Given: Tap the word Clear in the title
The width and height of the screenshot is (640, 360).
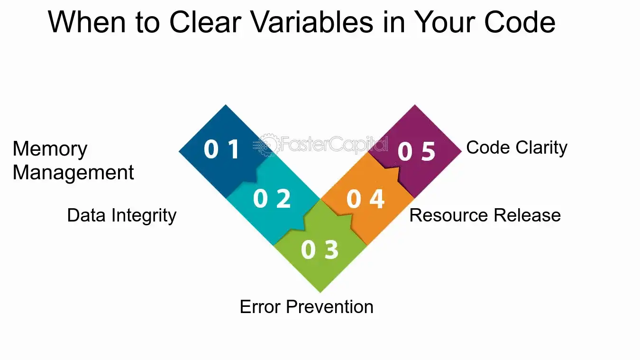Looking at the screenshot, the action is (205, 22).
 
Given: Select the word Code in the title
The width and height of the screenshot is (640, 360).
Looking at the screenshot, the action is (520, 22).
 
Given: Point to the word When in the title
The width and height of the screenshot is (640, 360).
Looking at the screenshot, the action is (87, 22).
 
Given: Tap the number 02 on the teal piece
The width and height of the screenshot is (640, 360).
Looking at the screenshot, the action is (272, 198).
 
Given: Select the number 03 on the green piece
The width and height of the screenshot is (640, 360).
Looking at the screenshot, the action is (320, 249).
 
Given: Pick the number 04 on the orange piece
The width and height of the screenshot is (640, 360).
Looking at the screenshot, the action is (366, 199).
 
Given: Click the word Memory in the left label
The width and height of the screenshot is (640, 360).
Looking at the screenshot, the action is (50, 149).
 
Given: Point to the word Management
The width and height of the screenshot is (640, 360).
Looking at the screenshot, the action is (73, 173).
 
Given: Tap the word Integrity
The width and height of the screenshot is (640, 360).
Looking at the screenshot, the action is (144, 216).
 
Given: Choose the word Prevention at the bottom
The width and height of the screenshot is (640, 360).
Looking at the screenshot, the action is (329, 307).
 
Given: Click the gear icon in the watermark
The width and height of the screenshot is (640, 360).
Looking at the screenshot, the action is (269, 145).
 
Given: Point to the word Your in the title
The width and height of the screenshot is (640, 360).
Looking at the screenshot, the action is (445, 22).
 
